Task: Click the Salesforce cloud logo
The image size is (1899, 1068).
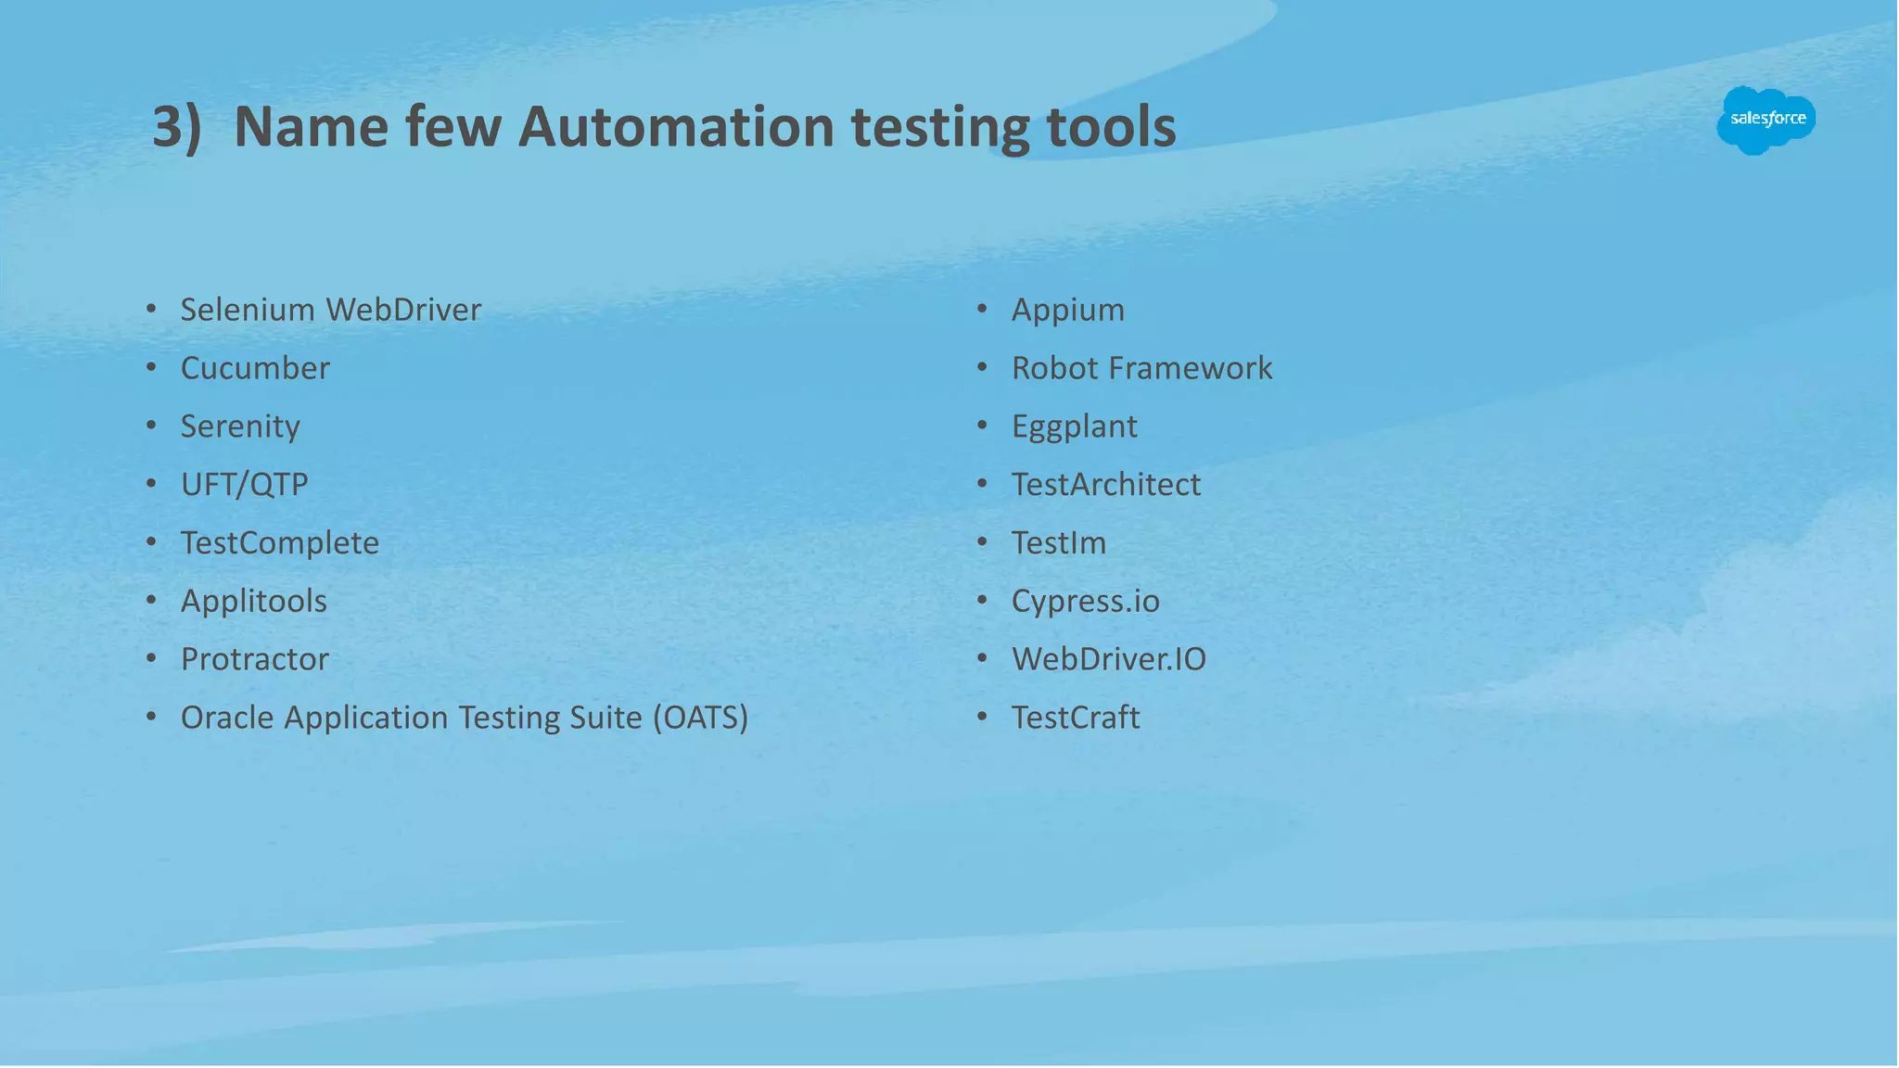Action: pos(1766,120)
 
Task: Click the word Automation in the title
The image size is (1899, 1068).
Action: pos(676,127)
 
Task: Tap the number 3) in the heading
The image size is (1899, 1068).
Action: pos(176,127)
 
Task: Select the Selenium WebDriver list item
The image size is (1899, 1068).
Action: pos(330,310)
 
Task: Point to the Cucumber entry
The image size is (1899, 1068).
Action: pos(255,368)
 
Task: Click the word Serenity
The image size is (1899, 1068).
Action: pos(240,426)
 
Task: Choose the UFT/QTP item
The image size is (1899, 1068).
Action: pos(244,484)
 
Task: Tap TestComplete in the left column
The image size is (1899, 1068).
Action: pos(279,542)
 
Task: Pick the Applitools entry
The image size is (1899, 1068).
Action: pos(253,601)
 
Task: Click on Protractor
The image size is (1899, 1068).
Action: pos(254,659)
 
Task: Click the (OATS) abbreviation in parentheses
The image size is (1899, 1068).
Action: pos(700,718)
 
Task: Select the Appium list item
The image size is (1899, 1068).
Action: pos(1067,310)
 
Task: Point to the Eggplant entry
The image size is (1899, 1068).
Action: pos(1074,426)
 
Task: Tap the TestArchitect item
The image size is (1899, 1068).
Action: pos(1105,484)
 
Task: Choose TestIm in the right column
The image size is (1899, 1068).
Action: pos(1058,542)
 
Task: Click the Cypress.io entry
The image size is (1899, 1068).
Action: pos(1085,601)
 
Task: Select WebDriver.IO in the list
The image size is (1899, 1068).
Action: pos(1108,659)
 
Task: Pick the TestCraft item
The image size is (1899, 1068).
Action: pos(1075,718)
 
